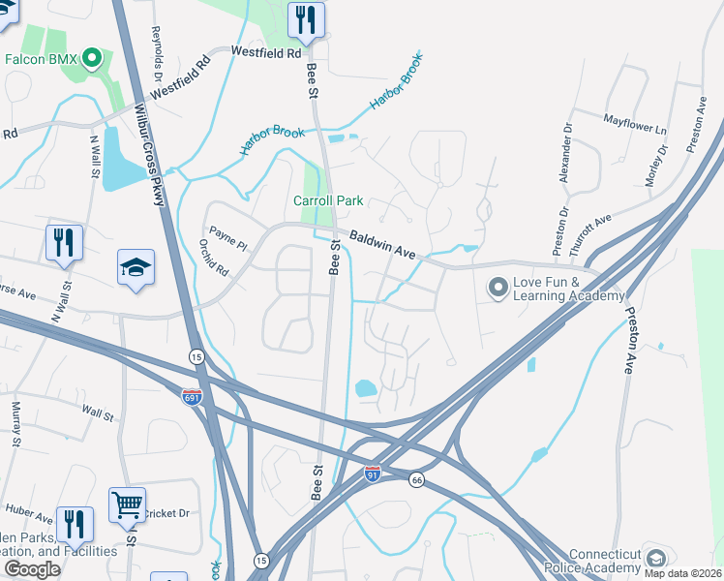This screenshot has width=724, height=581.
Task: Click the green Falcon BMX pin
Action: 94,59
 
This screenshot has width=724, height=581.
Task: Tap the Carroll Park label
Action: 328,200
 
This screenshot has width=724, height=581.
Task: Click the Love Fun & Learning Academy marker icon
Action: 498,288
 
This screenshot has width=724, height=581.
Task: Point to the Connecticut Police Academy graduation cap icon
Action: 655,559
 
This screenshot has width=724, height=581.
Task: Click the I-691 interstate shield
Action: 192,396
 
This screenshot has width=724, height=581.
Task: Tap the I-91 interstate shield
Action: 373,474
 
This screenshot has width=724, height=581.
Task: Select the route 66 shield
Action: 416,480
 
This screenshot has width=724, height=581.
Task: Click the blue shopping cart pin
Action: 127,504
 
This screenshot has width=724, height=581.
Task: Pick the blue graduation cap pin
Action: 136,267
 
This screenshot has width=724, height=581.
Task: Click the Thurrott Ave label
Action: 591,233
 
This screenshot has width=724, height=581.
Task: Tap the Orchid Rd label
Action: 214,258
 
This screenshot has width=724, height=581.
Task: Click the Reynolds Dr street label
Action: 155,46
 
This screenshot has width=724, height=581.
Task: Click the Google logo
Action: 33,568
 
